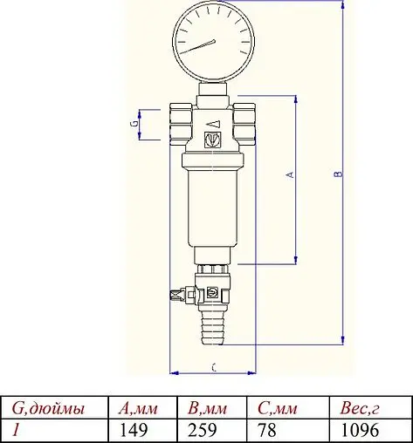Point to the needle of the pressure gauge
203,43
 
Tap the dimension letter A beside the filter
292,175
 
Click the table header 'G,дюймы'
48,409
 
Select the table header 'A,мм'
136,409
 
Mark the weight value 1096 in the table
357,430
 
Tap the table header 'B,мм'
208,409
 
